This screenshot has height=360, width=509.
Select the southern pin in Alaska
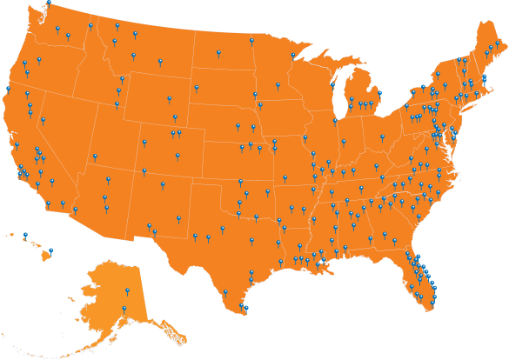[124, 309]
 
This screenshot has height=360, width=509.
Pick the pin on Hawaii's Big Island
[50, 251]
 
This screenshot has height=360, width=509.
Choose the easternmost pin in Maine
[497, 42]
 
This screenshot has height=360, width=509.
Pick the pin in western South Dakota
[196, 87]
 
